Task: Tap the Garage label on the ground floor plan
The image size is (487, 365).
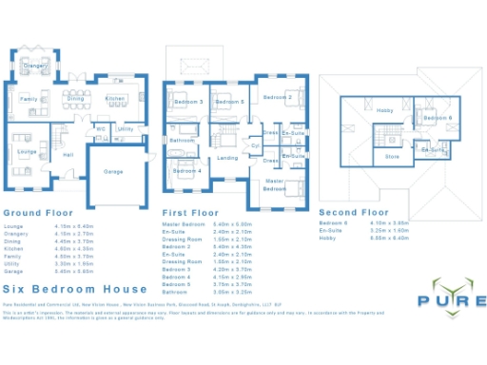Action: pos(113,172)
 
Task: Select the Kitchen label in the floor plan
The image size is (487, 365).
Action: pos(115,99)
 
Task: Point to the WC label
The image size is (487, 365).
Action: pos(102,127)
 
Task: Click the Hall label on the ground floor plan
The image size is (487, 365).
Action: pos(68,155)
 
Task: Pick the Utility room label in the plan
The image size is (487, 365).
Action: pos(126,127)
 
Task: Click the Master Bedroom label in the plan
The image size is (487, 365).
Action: pos(275,184)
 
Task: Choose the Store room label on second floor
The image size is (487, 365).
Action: pos(392,157)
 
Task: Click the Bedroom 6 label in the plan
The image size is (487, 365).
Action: pos(438,118)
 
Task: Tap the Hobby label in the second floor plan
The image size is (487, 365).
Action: pos(384,111)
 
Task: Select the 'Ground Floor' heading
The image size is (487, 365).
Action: pos(38,214)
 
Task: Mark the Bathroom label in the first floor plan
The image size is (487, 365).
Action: pos(183,140)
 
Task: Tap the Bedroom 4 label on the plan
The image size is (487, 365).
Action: pos(186,171)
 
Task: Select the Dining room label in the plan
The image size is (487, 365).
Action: pos(75,99)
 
